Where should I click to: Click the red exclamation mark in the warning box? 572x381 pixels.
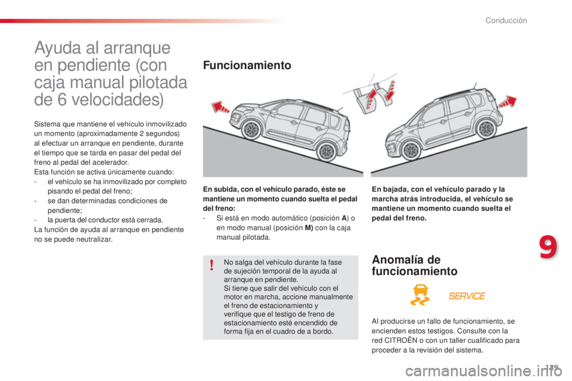(x=211, y=266)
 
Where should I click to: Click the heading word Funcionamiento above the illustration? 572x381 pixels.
(x=247, y=65)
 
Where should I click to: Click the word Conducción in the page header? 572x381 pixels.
(x=506, y=21)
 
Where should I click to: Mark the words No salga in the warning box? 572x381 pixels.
(x=237, y=262)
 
